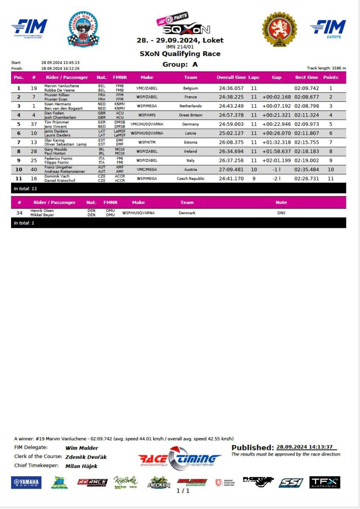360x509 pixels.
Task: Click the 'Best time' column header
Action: point(307,77)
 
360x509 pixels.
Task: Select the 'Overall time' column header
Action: point(231,77)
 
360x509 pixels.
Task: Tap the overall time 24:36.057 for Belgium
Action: point(231,88)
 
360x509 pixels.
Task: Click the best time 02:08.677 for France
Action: point(307,97)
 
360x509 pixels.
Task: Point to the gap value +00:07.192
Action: point(276,106)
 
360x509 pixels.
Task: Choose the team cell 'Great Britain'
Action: point(190,115)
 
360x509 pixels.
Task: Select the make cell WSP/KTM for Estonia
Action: point(146,142)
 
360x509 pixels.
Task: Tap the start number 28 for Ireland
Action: point(34,151)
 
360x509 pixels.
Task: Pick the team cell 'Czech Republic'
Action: point(190,179)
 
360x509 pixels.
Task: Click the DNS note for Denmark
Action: point(281,213)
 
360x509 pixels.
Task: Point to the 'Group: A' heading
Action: point(180,64)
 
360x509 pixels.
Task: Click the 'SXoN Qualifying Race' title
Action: point(180,54)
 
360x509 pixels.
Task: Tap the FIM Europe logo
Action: point(328,28)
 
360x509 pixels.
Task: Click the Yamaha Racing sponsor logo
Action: point(26,482)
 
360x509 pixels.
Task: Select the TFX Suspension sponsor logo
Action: point(325,482)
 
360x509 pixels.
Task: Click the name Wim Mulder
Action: point(82,448)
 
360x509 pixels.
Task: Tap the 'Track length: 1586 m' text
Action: point(326,68)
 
